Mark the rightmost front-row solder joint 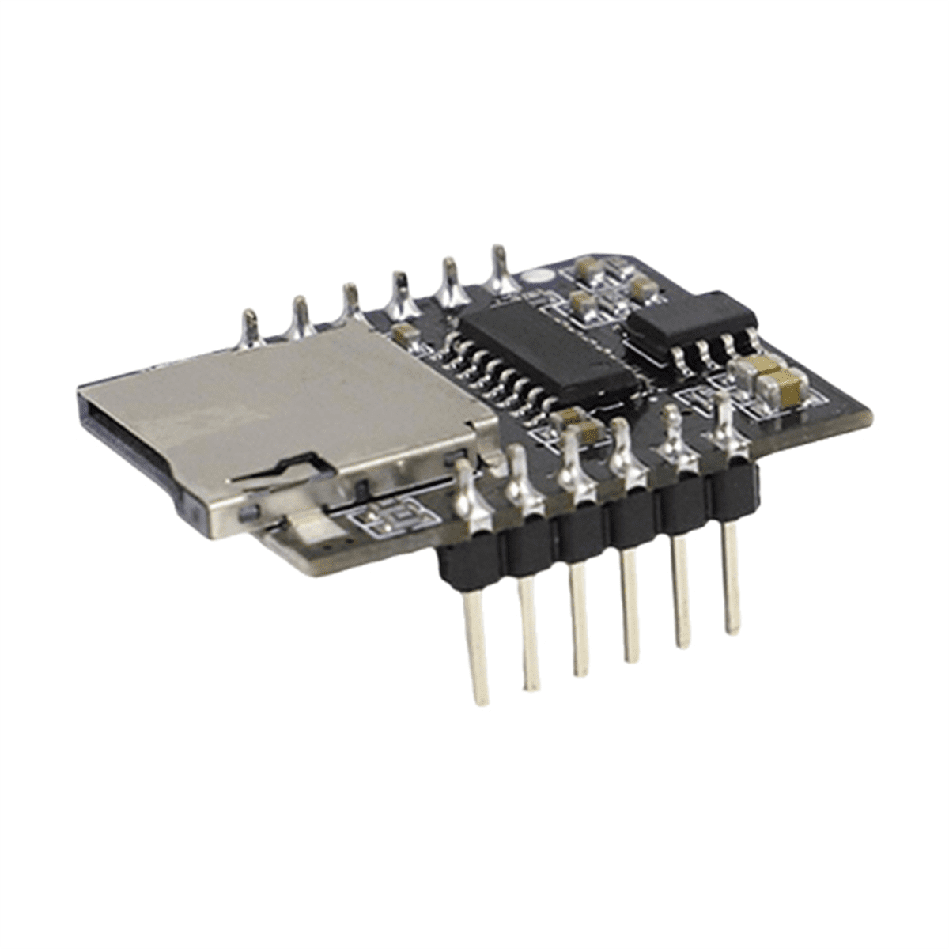point(724,427)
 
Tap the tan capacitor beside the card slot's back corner point(403,334)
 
